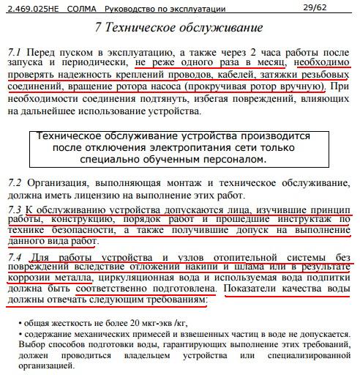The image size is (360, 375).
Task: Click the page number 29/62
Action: tap(315, 7)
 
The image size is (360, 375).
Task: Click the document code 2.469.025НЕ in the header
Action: tap(30, 8)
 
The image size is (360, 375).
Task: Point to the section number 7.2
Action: tap(15, 182)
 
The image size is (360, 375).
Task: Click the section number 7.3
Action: tap(15, 209)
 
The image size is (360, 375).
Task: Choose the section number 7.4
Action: tap(15, 257)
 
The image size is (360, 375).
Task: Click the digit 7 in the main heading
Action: tap(99, 29)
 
